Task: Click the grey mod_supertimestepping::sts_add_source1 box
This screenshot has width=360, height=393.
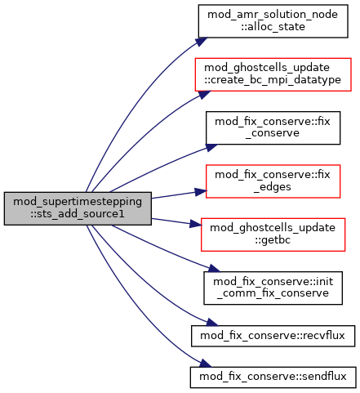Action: click(x=78, y=208)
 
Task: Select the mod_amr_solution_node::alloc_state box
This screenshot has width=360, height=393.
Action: click(x=273, y=21)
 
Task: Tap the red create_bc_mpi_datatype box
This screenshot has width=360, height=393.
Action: click(x=273, y=74)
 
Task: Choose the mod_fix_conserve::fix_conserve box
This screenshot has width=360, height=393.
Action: click(x=273, y=127)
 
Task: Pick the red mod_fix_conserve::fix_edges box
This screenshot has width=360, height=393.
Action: click(x=273, y=181)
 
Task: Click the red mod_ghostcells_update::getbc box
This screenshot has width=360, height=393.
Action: click(x=273, y=234)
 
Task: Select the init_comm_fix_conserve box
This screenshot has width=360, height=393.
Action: click(x=273, y=288)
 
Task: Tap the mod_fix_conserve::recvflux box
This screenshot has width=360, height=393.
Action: click(x=273, y=336)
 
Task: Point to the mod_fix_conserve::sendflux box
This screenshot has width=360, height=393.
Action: click(x=273, y=377)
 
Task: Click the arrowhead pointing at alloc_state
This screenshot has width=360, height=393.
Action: click(x=201, y=42)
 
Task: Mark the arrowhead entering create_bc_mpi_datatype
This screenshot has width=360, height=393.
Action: click(x=204, y=95)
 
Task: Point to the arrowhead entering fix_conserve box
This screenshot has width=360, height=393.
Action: click(x=211, y=147)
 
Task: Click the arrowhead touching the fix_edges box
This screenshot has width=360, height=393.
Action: click(x=201, y=192)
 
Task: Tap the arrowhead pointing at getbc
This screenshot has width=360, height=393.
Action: click(x=196, y=224)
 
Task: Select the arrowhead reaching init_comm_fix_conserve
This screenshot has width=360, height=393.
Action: click(x=214, y=268)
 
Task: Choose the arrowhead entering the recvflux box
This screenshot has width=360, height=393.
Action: click(x=211, y=323)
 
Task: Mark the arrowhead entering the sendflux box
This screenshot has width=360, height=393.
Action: click(x=205, y=364)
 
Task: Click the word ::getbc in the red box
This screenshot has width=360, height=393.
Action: click(x=273, y=240)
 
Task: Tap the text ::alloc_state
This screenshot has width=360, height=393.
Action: click(x=273, y=27)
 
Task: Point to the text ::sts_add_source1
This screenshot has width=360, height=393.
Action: click(x=78, y=214)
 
